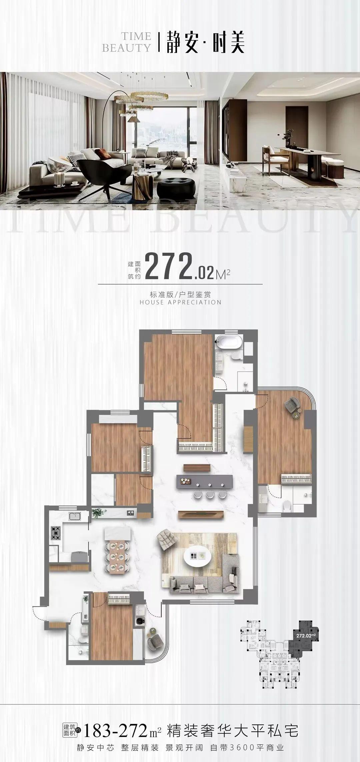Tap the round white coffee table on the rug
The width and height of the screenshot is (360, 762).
[197, 556]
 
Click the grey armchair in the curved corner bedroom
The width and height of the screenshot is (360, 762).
[292, 404]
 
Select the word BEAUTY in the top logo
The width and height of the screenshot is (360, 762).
[127, 48]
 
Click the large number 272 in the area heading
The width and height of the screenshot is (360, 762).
[169, 266]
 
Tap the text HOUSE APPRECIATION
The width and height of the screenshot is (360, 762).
[180, 302]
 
